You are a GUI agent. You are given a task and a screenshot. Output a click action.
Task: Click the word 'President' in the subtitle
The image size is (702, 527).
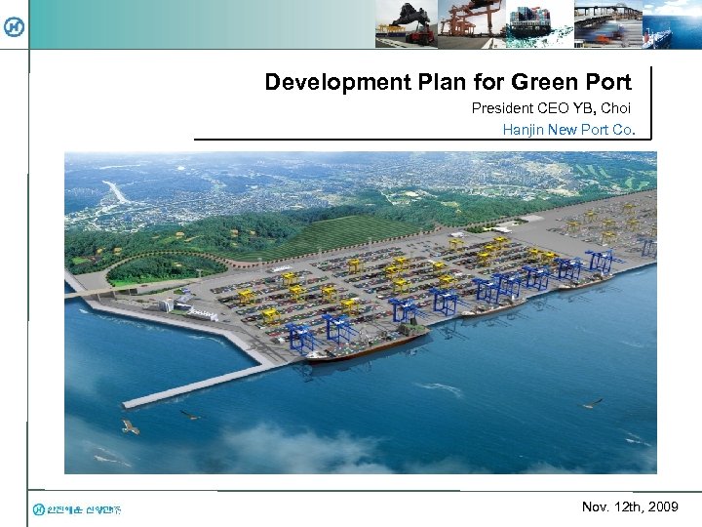[504, 107]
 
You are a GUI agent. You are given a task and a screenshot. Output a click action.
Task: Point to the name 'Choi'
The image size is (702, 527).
[616, 107]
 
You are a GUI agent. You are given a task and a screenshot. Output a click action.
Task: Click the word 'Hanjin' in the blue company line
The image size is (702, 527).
[524, 129]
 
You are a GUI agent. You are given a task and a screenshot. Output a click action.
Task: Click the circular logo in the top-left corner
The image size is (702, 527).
[15, 27]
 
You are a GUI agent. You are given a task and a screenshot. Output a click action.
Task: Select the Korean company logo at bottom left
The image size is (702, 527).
[77, 508]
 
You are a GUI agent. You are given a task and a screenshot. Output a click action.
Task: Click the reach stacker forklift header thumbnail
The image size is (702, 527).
[406, 23]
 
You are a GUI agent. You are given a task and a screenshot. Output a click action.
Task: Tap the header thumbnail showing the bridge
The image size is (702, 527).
[606, 23]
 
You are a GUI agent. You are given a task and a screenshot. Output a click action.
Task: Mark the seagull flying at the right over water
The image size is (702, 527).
[590, 402]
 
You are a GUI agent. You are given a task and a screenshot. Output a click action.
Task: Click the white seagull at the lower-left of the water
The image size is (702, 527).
[130, 426]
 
